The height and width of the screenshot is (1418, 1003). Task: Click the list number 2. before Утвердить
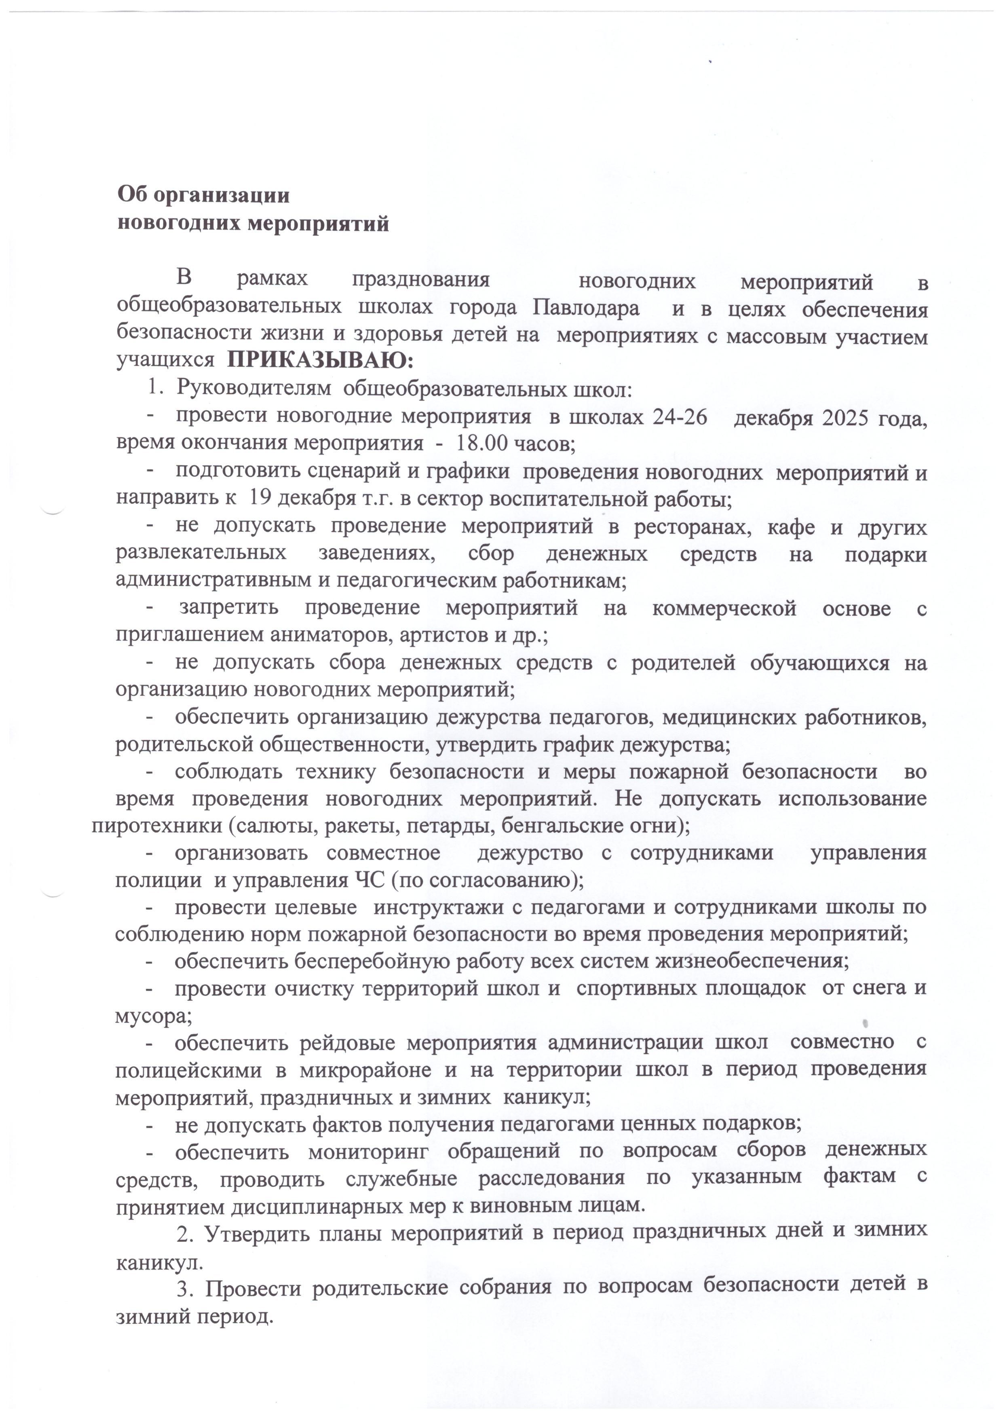pyautogui.click(x=184, y=1233)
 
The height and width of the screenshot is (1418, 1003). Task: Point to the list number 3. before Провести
pyautogui.click(x=184, y=1288)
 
